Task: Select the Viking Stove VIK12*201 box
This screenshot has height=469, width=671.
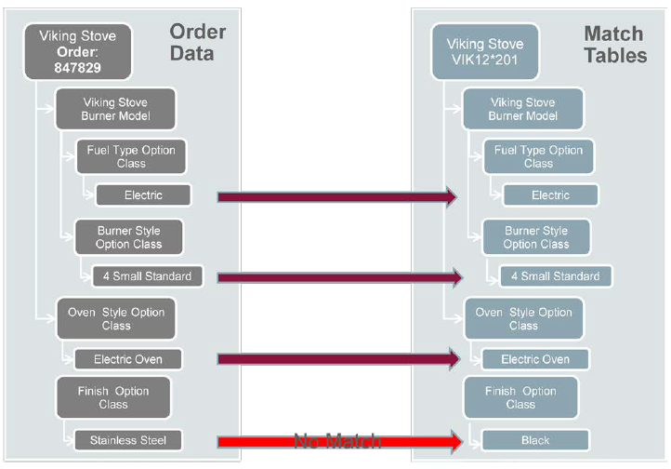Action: pyautogui.click(x=484, y=52)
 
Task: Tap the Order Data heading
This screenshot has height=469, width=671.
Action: pyautogui.click(x=197, y=43)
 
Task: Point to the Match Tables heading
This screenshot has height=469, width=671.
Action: pyautogui.click(x=614, y=45)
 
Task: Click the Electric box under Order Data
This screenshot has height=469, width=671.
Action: pyautogui.click(x=143, y=195)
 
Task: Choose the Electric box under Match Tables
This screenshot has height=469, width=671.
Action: pyautogui.click(x=550, y=195)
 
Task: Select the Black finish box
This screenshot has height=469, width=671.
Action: pyautogui.click(x=535, y=440)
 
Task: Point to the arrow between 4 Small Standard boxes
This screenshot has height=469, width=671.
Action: pyautogui.click(x=339, y=276)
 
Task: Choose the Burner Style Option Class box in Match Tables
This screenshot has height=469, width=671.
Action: pyautogui.click(x=535, y=237)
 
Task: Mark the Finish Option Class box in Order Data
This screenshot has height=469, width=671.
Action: pyautogui.click(x=113, y=397)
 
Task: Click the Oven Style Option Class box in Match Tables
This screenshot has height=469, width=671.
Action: pyautogui.click(x=523, y=318)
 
